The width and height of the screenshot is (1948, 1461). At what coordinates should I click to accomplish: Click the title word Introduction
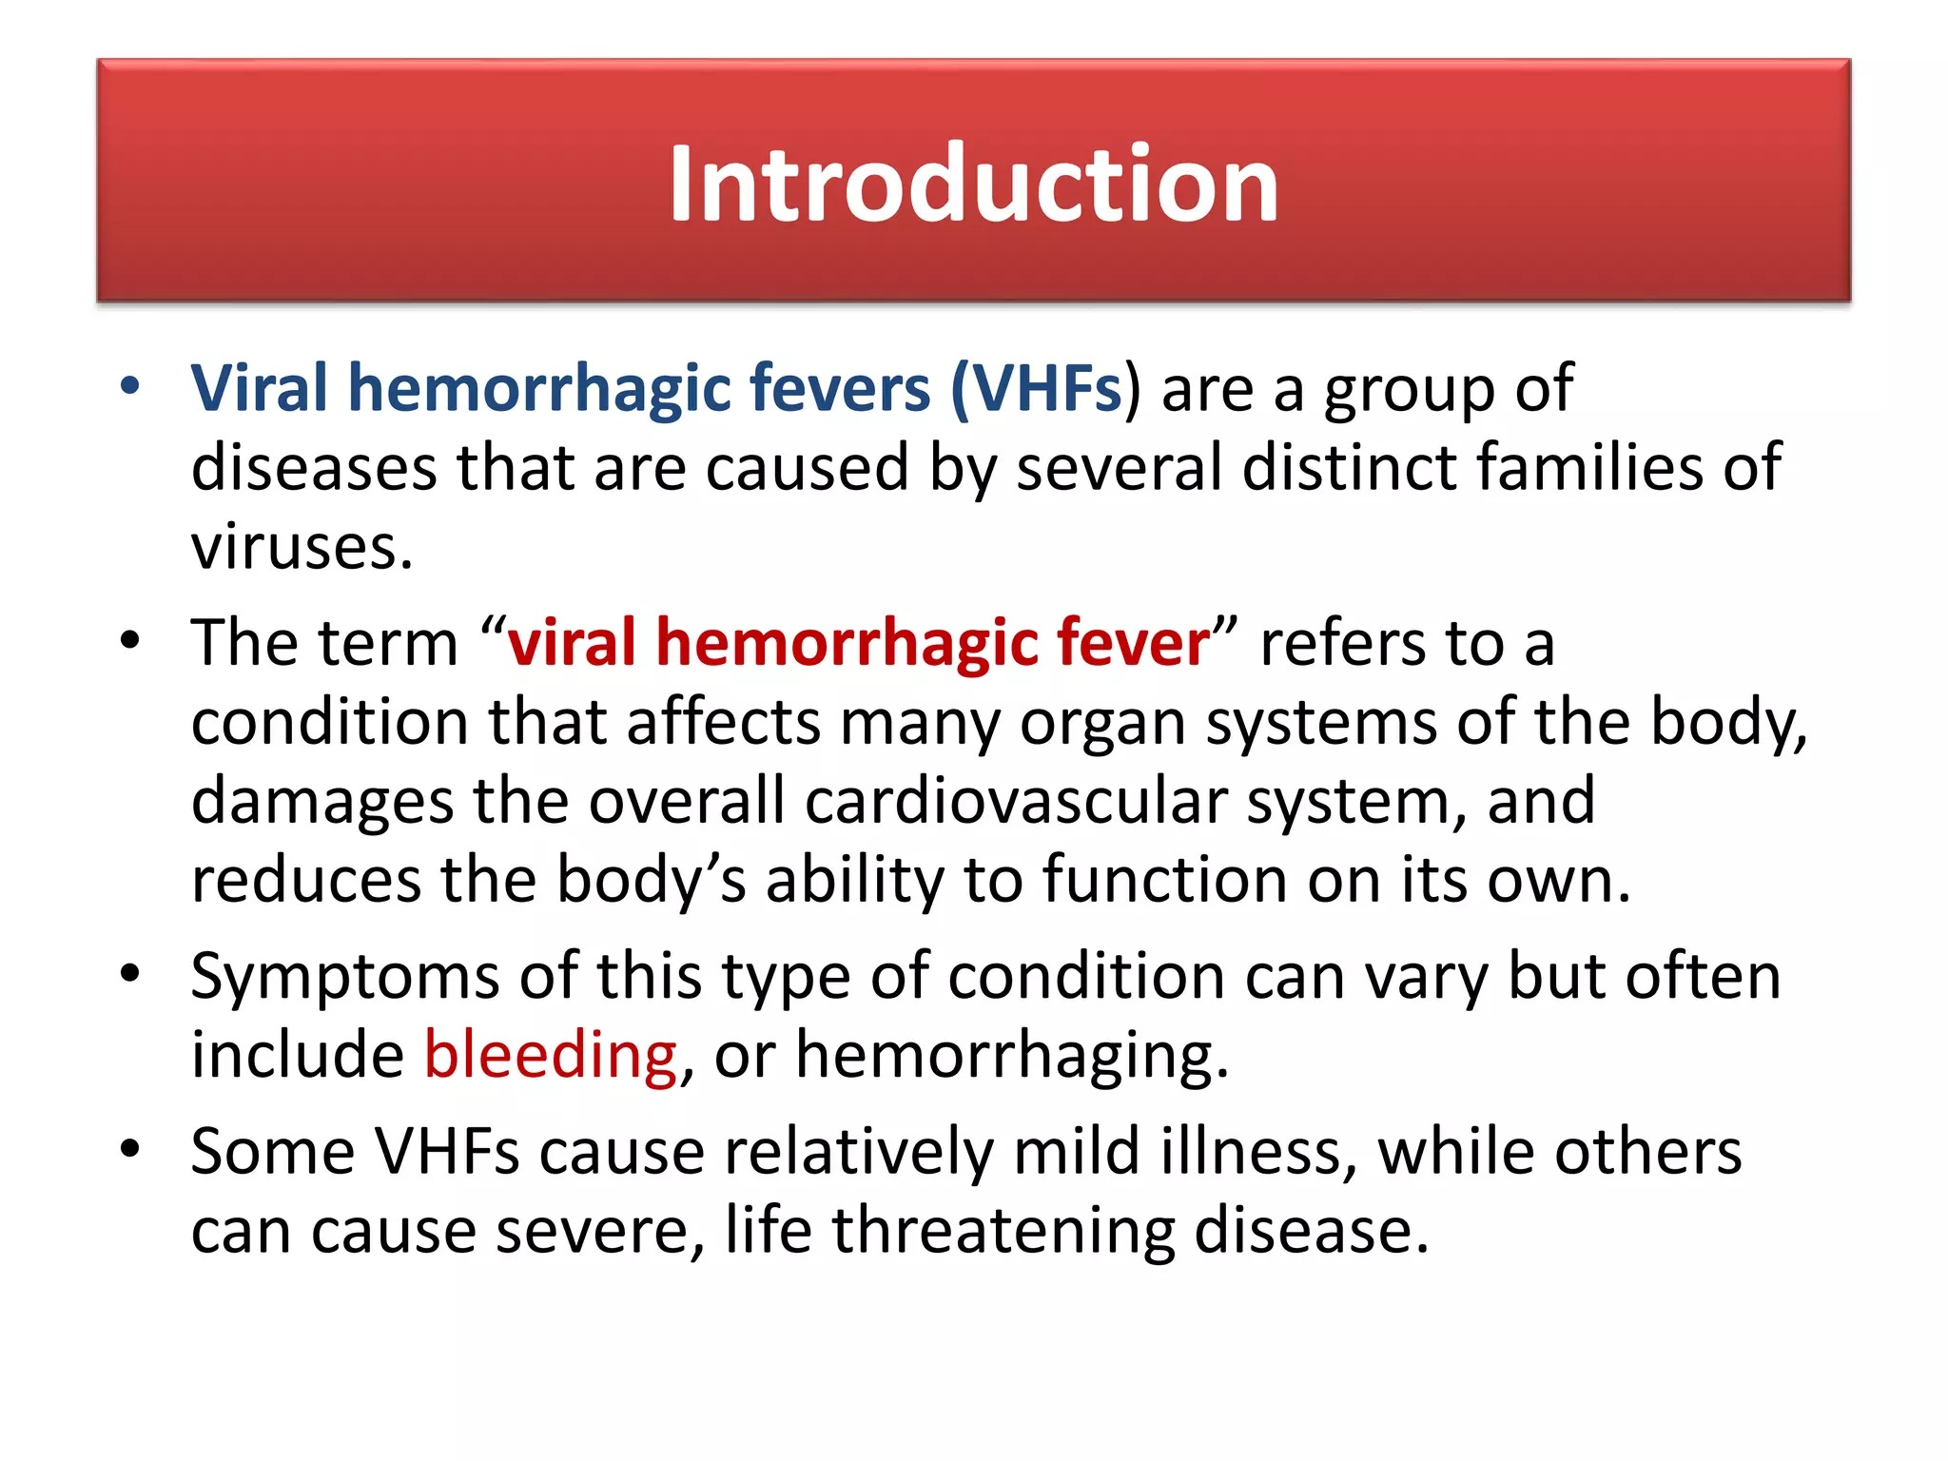[973, 183]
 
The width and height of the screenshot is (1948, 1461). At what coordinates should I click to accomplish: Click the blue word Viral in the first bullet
[259, 388]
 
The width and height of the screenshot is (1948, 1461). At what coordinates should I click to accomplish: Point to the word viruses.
[302, 548]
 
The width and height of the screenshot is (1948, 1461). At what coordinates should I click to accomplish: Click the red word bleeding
[551, 1055]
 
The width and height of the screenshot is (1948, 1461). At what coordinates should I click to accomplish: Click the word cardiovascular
[1016, 801]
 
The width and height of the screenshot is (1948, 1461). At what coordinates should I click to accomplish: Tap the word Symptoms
[344, 978]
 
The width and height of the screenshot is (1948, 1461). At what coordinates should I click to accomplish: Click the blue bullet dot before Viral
[130, 386]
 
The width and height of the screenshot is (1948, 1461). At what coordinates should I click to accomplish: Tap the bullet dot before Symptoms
[130, 973]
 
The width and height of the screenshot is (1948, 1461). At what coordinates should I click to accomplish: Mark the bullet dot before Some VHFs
[130, 1148]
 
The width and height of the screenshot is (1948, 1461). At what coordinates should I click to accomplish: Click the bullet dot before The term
[130, 639]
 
